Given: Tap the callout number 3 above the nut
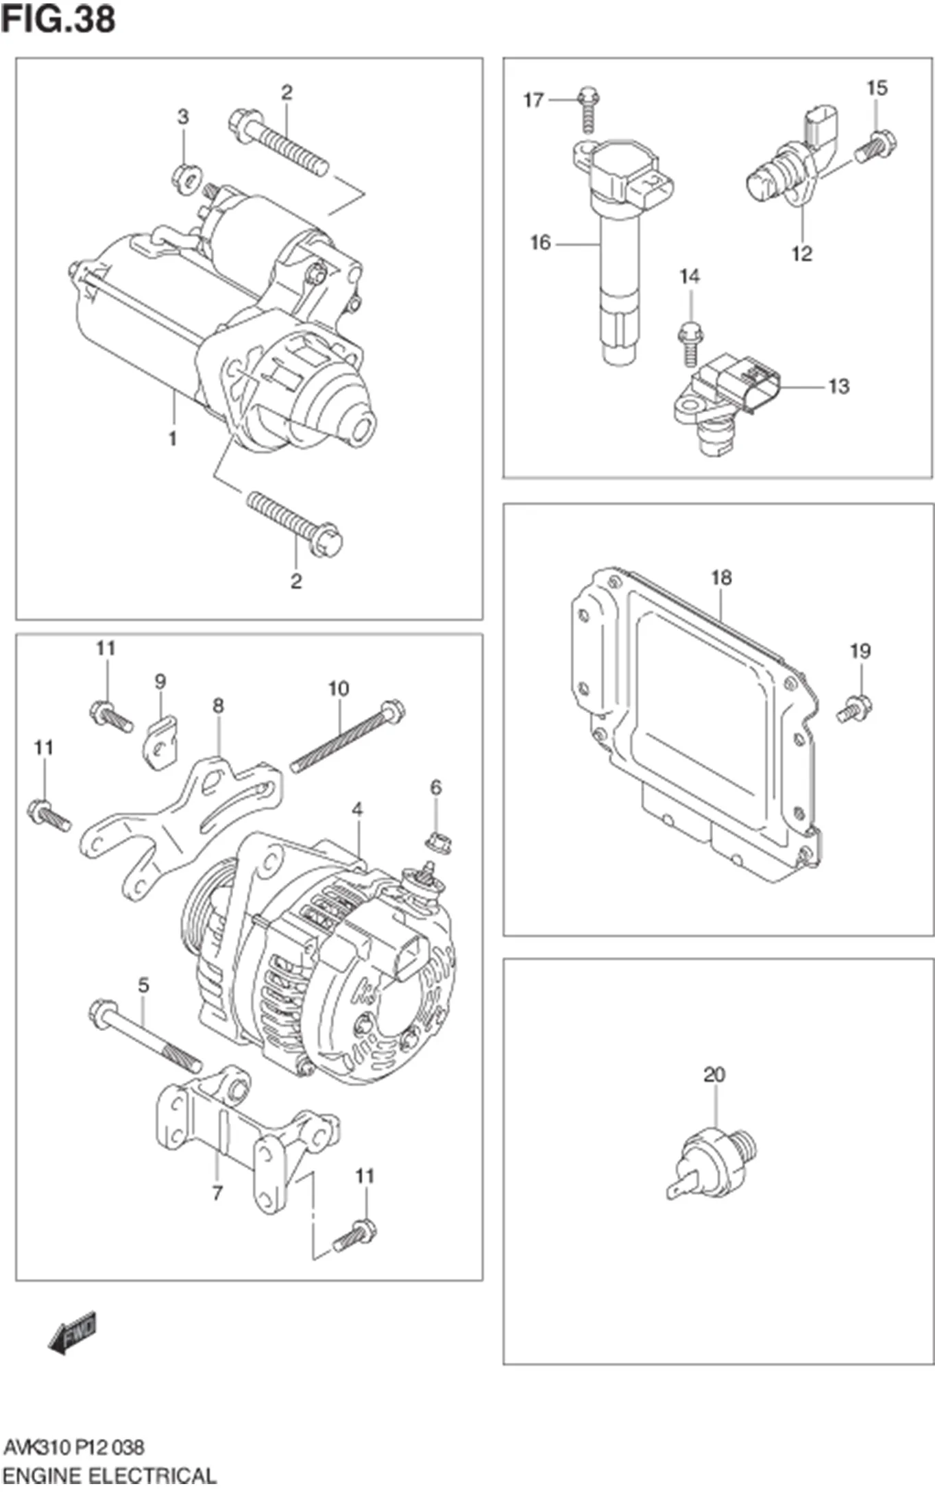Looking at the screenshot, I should click(x=183, y=117).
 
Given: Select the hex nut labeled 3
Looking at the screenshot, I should click(x=186, y=178).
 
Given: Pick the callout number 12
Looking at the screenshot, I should click(x=801, y=254).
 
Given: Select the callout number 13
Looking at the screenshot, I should click(x=838, y=387).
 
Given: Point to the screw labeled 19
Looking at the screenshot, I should click(x=853, y=708).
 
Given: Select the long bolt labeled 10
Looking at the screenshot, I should click(x=347, y=738).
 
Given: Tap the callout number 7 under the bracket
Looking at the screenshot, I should click(x=217, y=1193).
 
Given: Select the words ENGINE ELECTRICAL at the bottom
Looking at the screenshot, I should click(x=110, y=1475).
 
